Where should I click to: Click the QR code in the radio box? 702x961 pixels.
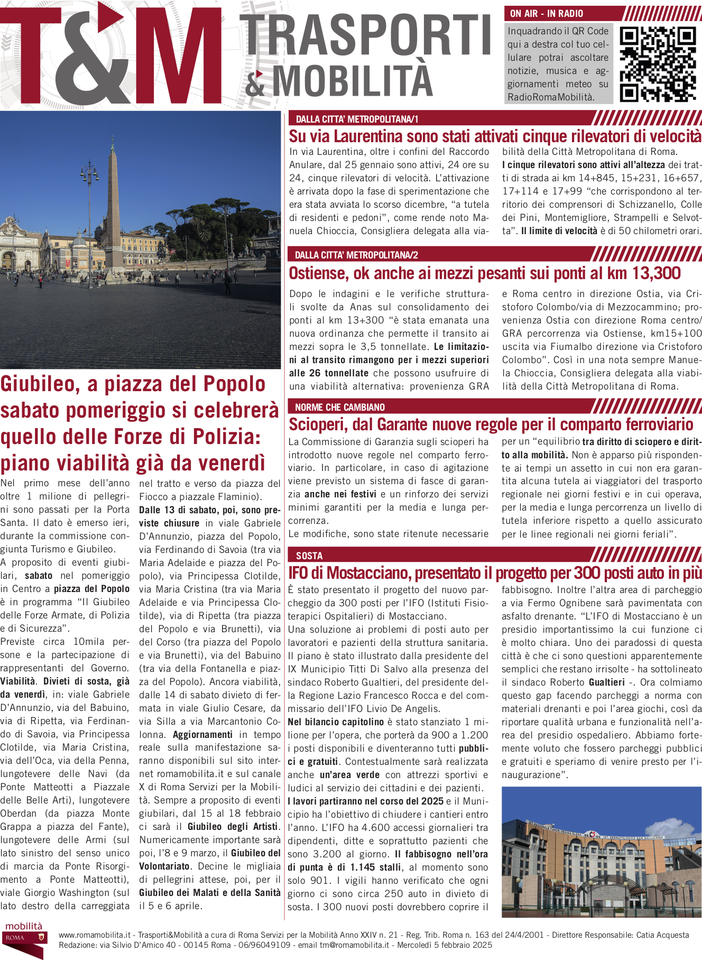(x=658, y=64)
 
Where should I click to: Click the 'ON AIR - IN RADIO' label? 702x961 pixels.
(x=547, y=14)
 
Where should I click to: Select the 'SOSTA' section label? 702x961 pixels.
(x=309, y=556)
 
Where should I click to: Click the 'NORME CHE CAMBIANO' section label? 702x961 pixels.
(x=340, y=407)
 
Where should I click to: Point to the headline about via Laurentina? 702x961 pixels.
(x=495, y=136)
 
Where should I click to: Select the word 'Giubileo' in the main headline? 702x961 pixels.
(x=40, y=384)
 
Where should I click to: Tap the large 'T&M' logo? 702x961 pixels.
(x=111, y=56)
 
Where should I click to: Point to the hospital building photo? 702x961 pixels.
(x=602, y=852)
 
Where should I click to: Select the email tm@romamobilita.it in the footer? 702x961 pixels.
(x=355, y=945)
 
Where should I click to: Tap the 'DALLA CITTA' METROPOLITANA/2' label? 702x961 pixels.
(x=356, y=255)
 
